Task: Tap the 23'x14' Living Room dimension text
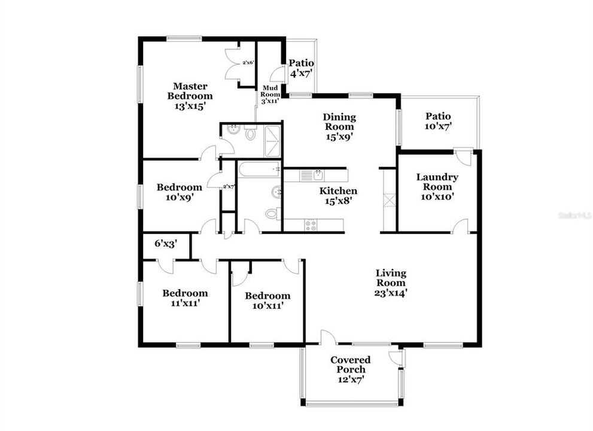click(391, 293)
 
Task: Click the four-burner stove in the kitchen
click(311, 225)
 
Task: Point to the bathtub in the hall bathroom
click(259, 170)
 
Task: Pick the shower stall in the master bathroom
click(270, 133)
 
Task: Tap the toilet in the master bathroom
click(250, 133)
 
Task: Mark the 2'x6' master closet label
click(247, 62)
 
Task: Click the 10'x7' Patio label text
click(438, 126)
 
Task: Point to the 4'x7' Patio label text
click(302, 74)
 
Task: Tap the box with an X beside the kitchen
click(389, 199)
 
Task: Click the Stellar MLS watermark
click(574, 214)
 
